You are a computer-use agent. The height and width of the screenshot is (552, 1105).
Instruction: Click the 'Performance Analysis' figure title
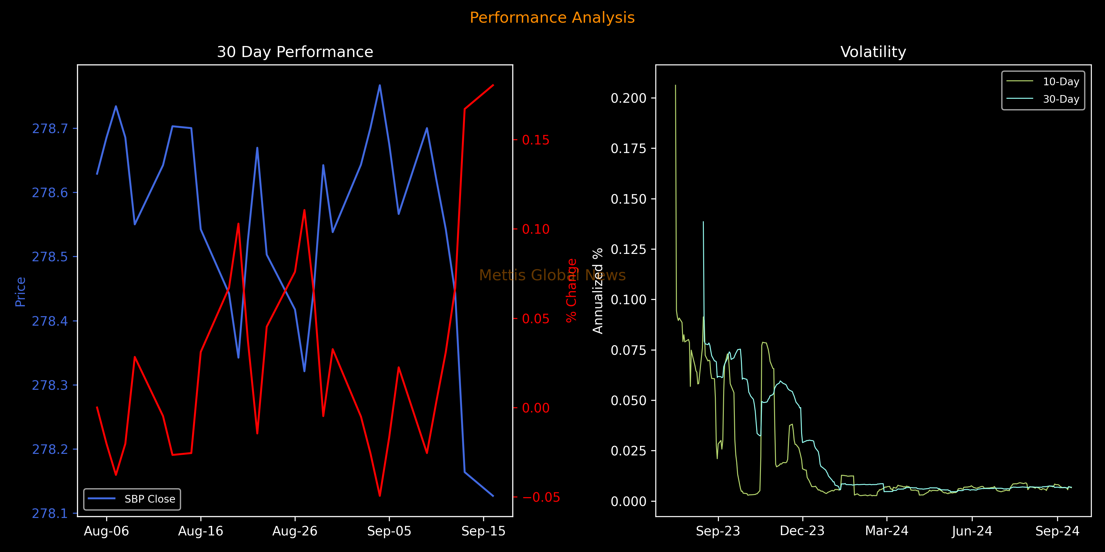coord(552,17)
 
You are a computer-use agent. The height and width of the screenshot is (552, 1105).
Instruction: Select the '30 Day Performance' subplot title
coord(295,52)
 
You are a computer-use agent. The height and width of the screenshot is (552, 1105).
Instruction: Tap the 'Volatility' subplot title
coord(873,52)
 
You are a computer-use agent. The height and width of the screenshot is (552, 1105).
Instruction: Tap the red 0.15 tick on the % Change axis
coord(535,140)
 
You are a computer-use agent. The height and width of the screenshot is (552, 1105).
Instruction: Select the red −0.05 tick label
coord(541,497)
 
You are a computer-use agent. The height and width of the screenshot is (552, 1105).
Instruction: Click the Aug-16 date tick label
coord(200,531)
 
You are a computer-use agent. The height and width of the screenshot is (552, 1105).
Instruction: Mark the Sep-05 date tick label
coord(389,531)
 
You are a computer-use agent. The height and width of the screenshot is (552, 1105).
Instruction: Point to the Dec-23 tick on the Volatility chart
coord(802,531)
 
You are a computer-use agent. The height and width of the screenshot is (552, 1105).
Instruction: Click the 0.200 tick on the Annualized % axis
coord(628,98)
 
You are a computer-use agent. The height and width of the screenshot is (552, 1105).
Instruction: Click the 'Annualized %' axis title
coord(598,291)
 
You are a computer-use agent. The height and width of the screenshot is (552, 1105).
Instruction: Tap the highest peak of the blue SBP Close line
coord(380,85)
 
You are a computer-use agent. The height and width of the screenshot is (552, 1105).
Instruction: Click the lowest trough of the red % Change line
coord(380,496)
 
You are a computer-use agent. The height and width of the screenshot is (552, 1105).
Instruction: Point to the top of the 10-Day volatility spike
coord(675,85)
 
